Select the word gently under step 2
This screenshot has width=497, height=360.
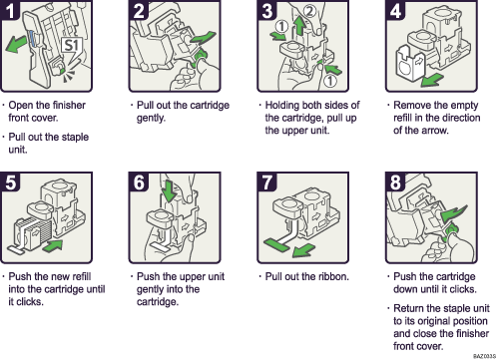coord(150,116)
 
